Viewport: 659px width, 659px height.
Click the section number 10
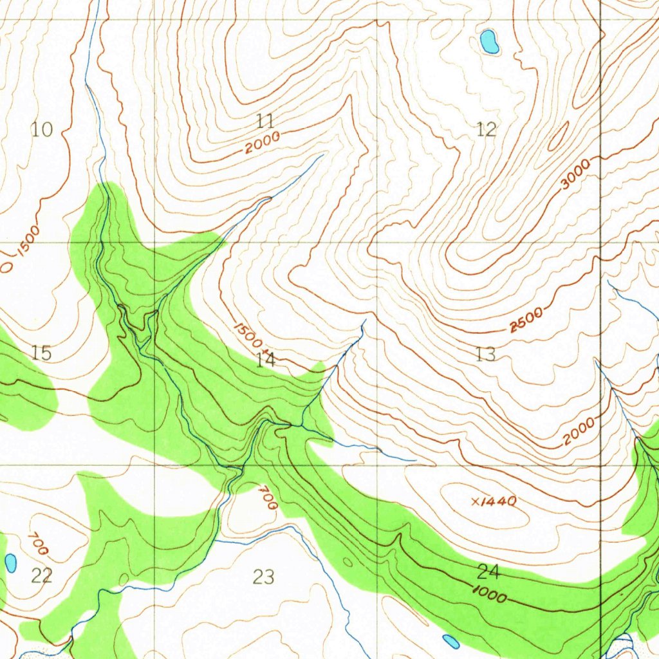[42, 130]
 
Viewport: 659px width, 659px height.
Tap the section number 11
[265, 120]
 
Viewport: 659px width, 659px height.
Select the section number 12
[487, 130]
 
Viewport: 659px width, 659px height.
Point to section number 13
[485, 353]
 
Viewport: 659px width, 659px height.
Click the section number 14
[265, 360]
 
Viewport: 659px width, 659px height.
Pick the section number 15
[41, 353]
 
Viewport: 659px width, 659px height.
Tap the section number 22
[41, 576]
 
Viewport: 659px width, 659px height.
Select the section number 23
[263, 577]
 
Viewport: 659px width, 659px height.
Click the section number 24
[488, 571]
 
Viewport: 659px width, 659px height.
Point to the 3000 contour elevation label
[575, 175]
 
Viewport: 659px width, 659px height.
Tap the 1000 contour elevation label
[489, 595]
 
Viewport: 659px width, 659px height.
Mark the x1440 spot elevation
[494, 501]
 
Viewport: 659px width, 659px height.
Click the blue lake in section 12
[489, 42]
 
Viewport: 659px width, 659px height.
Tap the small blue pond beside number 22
[11, 562]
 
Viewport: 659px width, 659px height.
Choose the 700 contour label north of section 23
[268, 498]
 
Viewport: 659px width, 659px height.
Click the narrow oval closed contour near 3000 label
[558, 136]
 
